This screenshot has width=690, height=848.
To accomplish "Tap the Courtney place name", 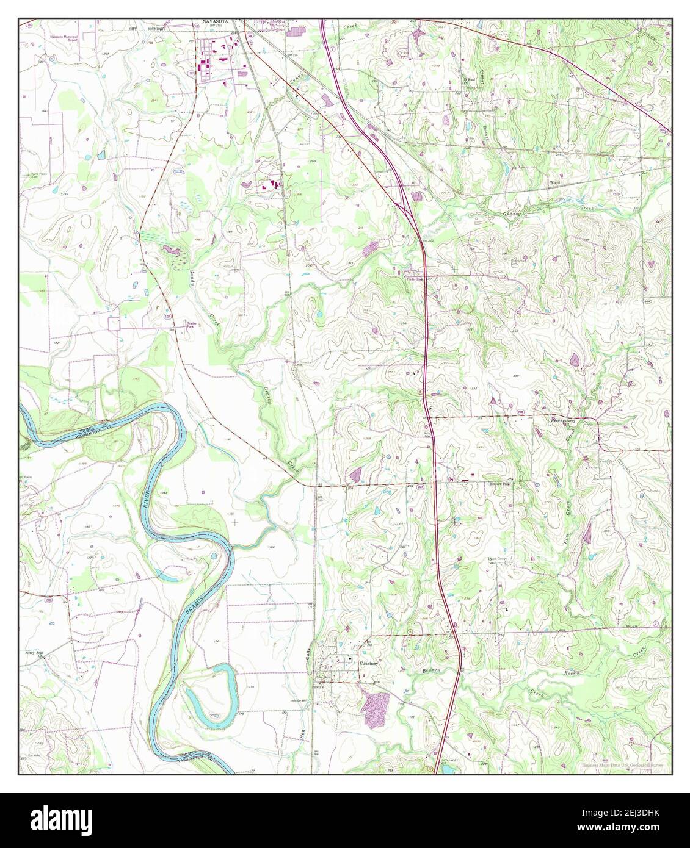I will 369,662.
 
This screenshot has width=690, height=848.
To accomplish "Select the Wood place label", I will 554,182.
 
